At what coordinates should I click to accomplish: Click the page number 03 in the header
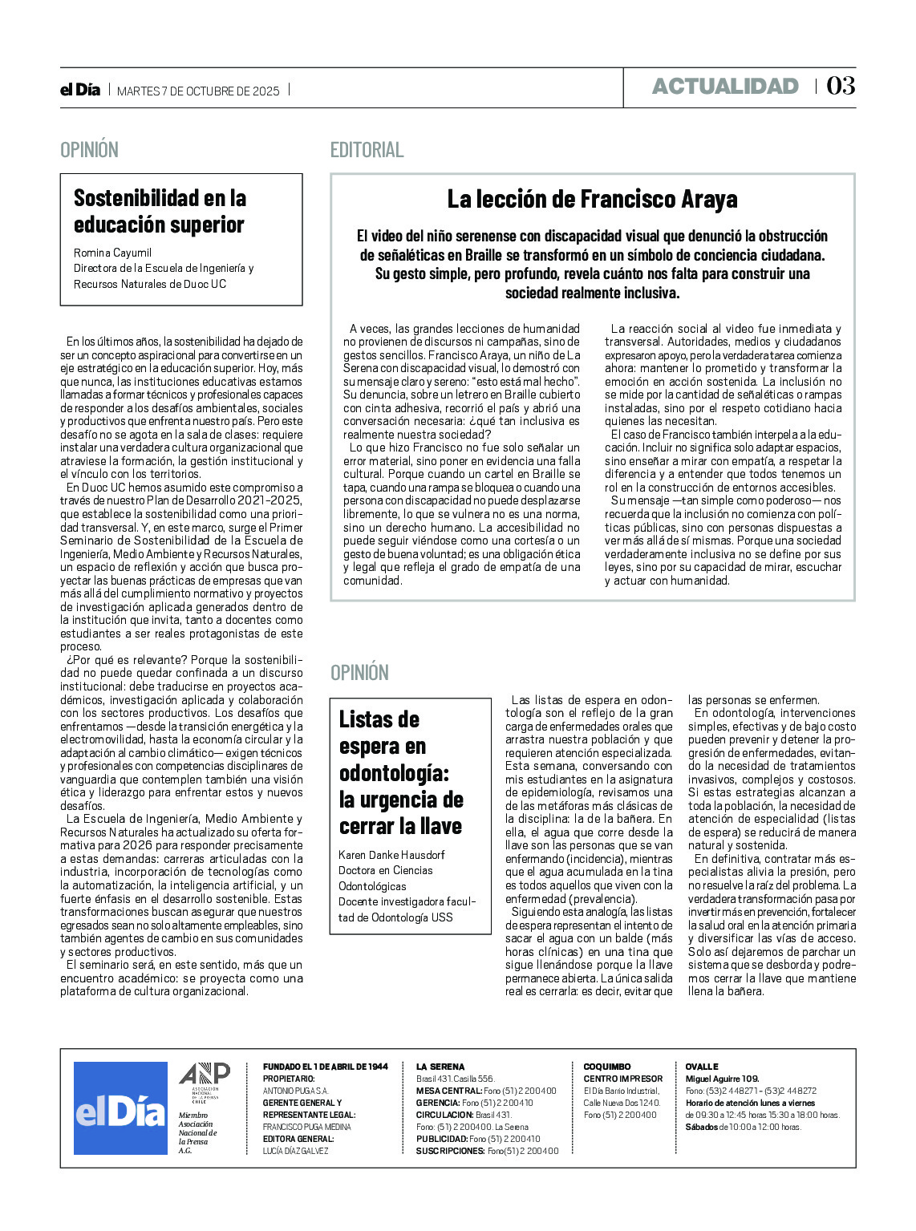point(841,86)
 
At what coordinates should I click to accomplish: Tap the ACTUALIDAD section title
point(725,87)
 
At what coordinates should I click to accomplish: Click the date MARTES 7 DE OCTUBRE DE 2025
point(198,91)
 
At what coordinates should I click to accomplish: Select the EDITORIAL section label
point(367,150)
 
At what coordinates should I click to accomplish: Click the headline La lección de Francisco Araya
point(592,199)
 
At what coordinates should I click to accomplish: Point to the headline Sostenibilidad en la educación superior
point(160,211)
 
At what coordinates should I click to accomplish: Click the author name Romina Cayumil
point(112,253)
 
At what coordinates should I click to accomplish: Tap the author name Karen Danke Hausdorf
point(391,855)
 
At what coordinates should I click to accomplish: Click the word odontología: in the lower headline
point(394,773)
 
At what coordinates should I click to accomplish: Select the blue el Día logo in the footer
point(120,1108)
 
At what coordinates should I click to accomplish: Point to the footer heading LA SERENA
point(440,1067)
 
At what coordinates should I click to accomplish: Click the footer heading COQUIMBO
point(606,1067)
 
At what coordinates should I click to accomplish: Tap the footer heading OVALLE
point(701,1067)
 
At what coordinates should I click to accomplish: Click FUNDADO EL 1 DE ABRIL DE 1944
point(325,1067)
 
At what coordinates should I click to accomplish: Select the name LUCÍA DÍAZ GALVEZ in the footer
point(295,1151)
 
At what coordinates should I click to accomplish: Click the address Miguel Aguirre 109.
point(722,1079)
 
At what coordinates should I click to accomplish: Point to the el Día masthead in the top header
point(80,90)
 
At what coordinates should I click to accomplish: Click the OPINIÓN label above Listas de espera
point(359,673)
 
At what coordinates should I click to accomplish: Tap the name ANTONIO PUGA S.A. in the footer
point(295,1091)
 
